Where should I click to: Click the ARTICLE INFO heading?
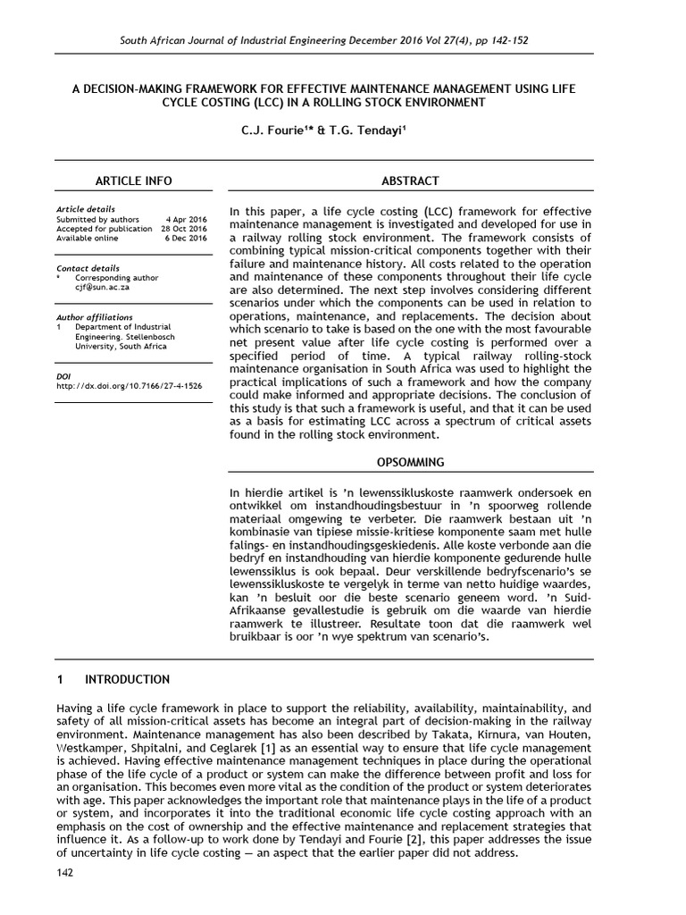133,180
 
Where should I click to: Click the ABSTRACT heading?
410,180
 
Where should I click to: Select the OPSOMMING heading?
410,462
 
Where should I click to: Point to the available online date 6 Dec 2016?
188,239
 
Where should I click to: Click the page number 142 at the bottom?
64,872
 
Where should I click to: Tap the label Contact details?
88,268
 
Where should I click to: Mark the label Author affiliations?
95,317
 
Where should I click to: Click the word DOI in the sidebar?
63,376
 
